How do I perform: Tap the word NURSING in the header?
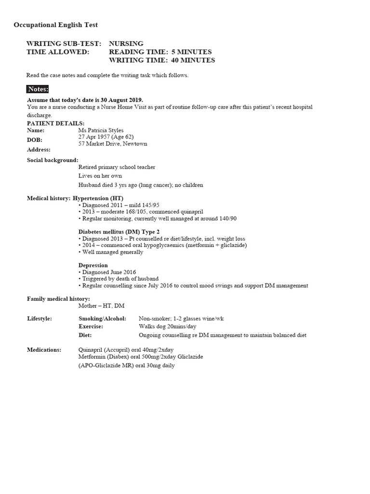click(x=126, y=44)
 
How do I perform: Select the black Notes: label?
click(x=38, y=89)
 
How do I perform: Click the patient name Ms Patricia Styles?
click(x=101, y=130)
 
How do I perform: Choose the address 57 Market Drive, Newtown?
click(x=113, y=144)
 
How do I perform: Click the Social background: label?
click(x=53, y=160)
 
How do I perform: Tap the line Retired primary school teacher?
click(x=117, y=167)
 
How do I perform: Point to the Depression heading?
click(x=93, y=265)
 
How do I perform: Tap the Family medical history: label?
click(x=58, y=299)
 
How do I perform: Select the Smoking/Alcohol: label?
click(x=103, y=319)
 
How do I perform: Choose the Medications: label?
click(x=44, y=350)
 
